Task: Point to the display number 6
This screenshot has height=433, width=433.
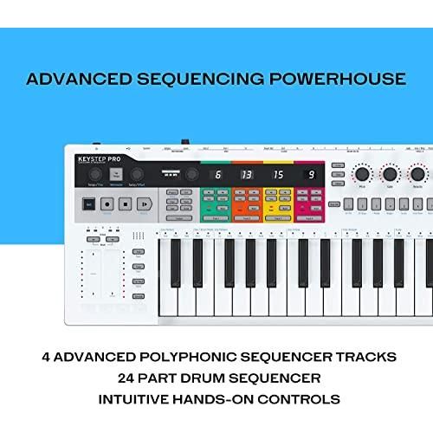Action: [x=217, y=175]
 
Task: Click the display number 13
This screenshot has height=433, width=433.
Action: [x=247, y=175]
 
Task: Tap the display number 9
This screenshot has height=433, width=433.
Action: [x=308, y=175]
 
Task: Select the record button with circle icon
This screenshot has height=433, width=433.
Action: [x=107, y=205]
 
